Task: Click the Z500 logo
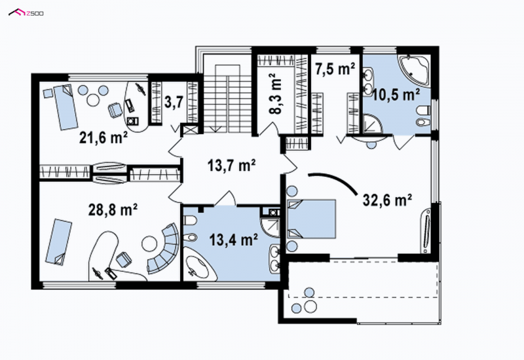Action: point(26,12)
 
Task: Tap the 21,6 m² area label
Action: point(103,137)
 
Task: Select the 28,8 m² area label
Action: point(113,209)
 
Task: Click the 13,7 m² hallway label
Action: point(232,165)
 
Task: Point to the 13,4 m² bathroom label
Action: point(234,240)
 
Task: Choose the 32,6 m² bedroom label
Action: point(387,200)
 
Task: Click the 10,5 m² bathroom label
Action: point(396,95)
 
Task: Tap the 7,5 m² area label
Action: point(335,69)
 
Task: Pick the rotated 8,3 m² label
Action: point(276,94)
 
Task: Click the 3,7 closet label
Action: point(174,102)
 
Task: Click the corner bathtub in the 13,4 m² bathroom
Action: point(199,264)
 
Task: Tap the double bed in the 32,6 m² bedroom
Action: point(311,219)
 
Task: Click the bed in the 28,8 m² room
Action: point(58,242)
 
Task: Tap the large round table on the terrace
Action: point(310,306)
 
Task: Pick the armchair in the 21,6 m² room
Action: point(115,110)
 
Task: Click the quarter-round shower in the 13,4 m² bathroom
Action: point(270,227)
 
